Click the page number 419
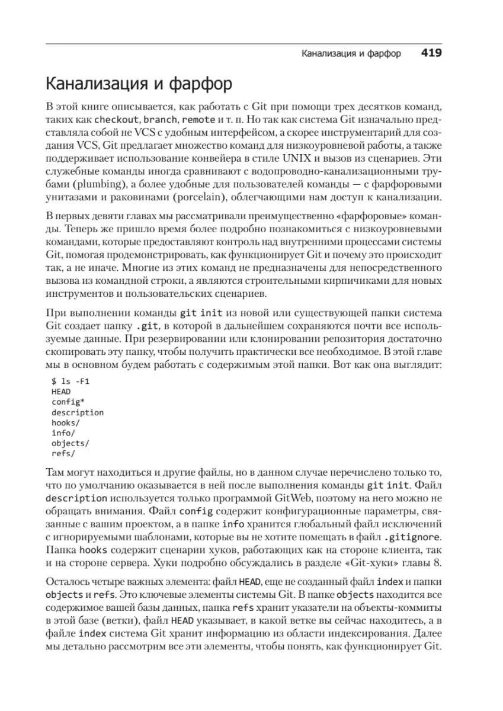[x=432, y=53]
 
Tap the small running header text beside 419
[x=351, y=54]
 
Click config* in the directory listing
[x=68, y=402]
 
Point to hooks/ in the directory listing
[x=66, y=423]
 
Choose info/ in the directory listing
[x=63, y=433]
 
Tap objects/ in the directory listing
[x=70, y=443]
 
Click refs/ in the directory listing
[x=63, y=454]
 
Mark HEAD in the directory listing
[x=61, y=392]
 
